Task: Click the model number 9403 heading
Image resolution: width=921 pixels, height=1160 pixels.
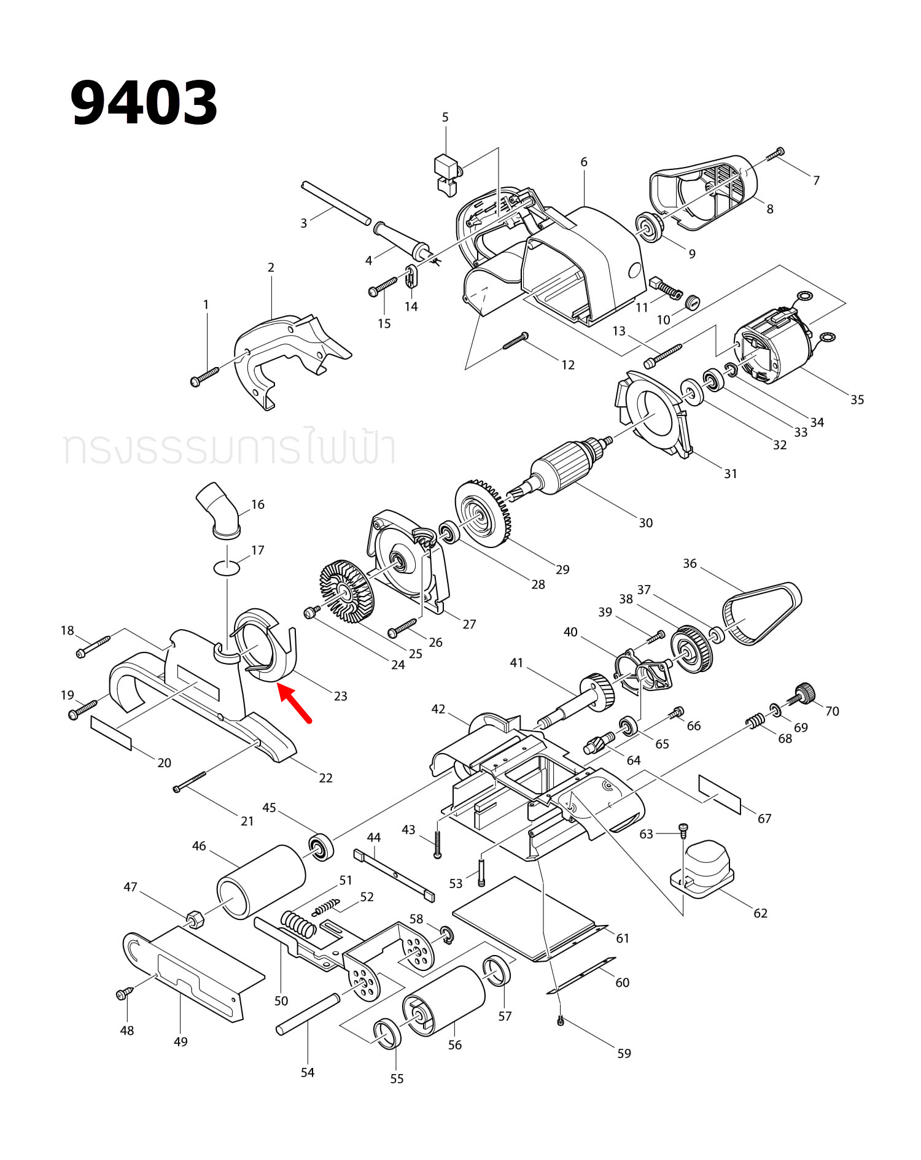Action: [144, 103]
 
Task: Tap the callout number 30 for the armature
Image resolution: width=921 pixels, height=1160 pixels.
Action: [645, 523]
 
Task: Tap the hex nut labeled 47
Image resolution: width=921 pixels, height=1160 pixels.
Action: [195, 919]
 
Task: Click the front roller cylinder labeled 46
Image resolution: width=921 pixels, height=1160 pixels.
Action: [261, 883]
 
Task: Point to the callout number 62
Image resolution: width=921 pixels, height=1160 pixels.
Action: [760, 913]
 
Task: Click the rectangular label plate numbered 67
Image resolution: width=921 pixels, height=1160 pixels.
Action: [720, 794]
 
